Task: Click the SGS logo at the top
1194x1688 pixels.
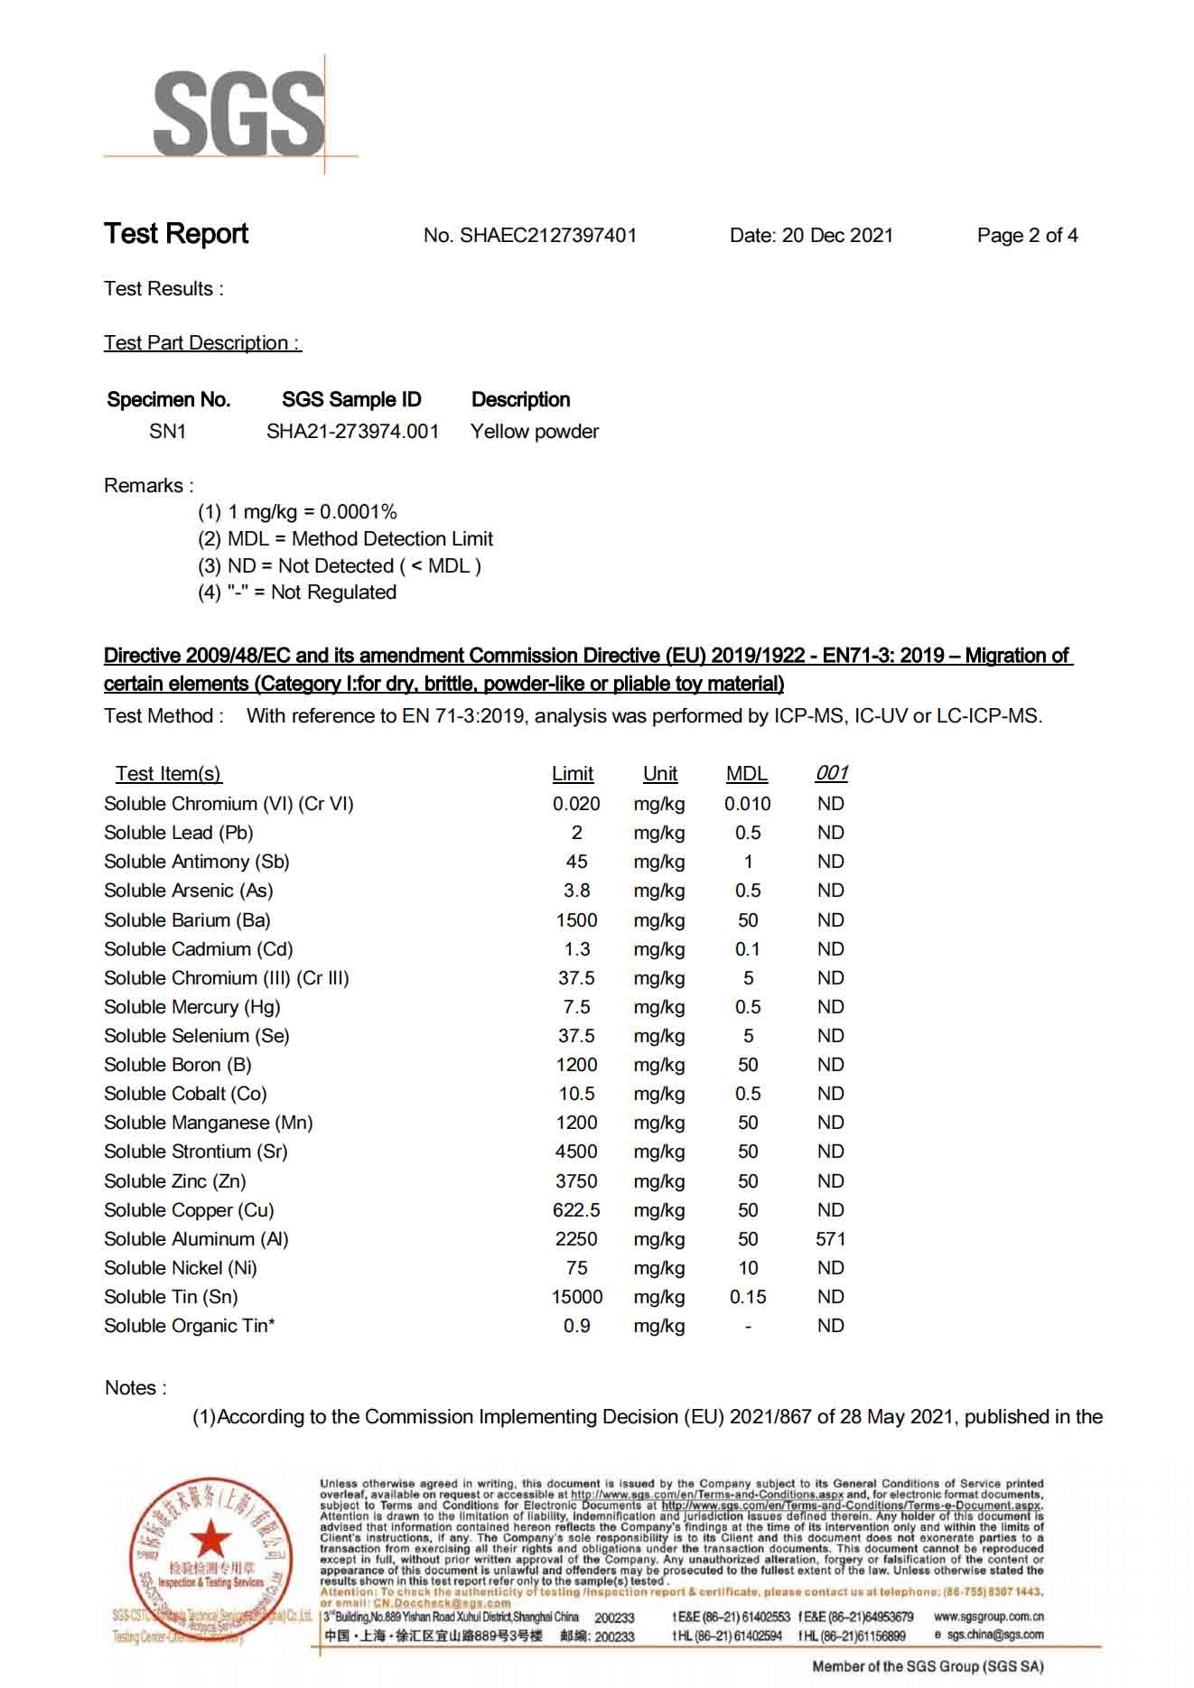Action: coord(238,114)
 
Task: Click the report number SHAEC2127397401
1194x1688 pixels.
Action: coord(548,236)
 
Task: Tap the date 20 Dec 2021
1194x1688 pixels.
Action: coord(837,236)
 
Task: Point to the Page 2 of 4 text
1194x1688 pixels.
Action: coord(1027,236)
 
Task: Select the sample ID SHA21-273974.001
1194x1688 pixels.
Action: coord(352,432)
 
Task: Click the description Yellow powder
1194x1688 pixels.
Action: coord(535,432)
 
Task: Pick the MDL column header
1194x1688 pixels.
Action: coord(747,774)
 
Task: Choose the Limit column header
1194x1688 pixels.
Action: coord(573,774)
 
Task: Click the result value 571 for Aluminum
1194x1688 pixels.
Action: coord(830,1239)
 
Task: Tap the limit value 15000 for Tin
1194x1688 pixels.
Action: coord(576,1297)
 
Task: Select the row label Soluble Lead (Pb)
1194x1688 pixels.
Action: coord(179,833)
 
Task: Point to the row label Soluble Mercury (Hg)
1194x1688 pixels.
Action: coord(192,1007)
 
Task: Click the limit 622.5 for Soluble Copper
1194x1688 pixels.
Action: coord(576,1210)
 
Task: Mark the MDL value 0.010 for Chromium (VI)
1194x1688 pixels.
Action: coord(747,804)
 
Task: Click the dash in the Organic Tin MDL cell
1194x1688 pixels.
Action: coord(748,1326)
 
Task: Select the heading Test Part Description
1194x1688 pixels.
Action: coord(202,343)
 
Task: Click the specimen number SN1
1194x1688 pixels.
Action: coord(167,432)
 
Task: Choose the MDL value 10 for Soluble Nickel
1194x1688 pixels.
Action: coord(748,1268)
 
